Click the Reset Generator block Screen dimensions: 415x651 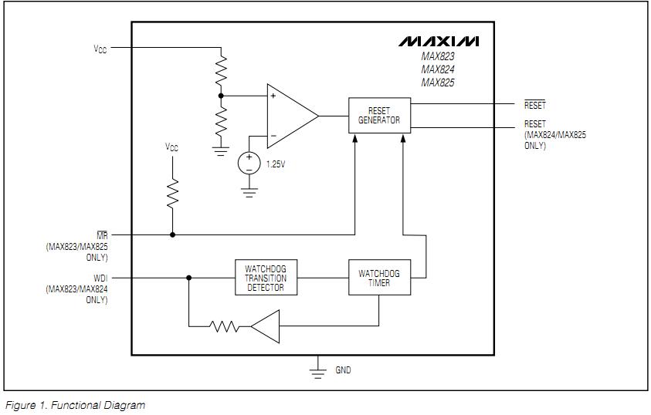click(379, 115)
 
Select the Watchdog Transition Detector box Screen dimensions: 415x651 click(265, 278)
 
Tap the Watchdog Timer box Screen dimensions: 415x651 click(379, 278)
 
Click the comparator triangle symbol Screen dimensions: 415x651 click(290, 116)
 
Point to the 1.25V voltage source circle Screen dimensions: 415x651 click(249, 163)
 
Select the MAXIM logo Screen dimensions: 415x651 click(439, 41)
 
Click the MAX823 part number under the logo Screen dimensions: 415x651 click(438, 56)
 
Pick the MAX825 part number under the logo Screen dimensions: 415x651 click(438, 82)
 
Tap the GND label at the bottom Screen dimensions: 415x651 click(343, 370)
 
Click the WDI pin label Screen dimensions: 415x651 click(100, 278)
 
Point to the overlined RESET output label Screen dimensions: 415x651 click(534, 106)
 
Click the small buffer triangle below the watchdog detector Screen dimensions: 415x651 click(264, 326)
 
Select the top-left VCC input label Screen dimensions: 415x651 click(100, 48)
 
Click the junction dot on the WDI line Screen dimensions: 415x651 click(188, 278)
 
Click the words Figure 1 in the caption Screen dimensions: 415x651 click(26, 405)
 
